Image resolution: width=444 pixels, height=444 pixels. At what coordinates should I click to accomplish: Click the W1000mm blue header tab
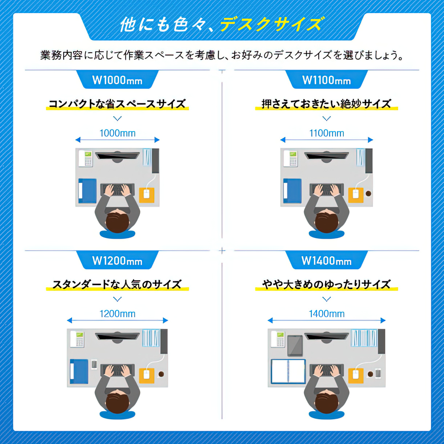pos(117,80)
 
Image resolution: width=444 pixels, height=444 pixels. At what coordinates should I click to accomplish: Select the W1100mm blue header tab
pos(327,80)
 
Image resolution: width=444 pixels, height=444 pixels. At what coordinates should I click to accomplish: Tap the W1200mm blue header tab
pos(117,260)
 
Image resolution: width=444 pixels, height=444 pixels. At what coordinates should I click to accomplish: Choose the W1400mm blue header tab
pos(327,260)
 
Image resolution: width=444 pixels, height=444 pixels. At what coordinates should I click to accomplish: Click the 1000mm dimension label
pos(117,133)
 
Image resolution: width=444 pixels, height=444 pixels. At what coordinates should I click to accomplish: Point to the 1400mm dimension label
pos(327,314)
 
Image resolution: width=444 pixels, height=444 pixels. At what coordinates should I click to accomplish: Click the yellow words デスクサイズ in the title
pos(271,24)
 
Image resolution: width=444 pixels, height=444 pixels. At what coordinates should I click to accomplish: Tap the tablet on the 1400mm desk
pos(295,346)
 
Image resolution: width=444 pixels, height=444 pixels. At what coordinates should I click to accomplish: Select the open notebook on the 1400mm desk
pos(288,371)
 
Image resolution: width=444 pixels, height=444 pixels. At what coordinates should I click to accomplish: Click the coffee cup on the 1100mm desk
pos(368,193)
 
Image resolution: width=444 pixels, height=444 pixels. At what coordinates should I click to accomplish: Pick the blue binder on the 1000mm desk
pos(87,191)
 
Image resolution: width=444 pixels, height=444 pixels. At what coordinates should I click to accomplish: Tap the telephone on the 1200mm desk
pos(77,339)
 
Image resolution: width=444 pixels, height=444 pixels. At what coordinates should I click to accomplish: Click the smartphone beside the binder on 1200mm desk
pos(94,364)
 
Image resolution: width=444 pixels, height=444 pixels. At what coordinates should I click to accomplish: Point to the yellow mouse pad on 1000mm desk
pos(147,195)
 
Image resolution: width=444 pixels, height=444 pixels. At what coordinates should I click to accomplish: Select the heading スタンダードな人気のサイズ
pos(117,284)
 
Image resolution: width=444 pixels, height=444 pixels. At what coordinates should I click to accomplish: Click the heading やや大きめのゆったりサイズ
pos(327,284)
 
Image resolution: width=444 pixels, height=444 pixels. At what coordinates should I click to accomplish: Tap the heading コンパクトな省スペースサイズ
pos(117,104)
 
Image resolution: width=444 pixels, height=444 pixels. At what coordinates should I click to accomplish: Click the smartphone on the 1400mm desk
pos(378,374)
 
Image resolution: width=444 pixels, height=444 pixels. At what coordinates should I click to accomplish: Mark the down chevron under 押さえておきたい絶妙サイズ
pos(327,119)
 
